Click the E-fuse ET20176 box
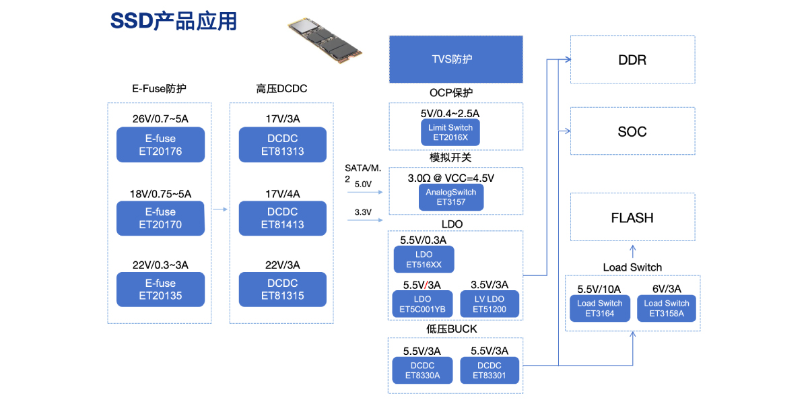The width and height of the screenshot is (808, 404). click(160, 145)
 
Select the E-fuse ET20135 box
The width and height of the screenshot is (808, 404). click(160, 289)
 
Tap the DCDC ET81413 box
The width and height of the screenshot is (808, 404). click(282, 218)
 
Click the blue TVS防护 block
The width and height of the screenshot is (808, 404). click(456, 59)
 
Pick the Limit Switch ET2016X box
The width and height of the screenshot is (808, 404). click(450, 133)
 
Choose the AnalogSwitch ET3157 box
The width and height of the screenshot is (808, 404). click(450, 197)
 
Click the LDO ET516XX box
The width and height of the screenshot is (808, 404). click(424, 259)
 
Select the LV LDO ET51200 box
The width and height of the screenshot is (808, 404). click(490, 304)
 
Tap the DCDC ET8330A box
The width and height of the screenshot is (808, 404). click(422, 370)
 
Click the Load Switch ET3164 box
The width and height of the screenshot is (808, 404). click(599, 308)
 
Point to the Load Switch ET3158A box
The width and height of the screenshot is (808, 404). click(666, 308)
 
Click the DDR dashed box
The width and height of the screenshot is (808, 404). click(632, 59)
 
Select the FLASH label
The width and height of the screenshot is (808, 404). click(632, 217)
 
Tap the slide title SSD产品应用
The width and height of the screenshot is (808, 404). click(174, 22)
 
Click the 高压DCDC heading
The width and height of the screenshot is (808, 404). click(281, 89)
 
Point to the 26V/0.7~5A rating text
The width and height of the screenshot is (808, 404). click(160, 119)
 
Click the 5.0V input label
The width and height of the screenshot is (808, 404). click(362, 184)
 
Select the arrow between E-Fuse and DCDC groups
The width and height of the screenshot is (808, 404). click(220, 210)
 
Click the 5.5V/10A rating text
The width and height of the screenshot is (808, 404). click(599, 289)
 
